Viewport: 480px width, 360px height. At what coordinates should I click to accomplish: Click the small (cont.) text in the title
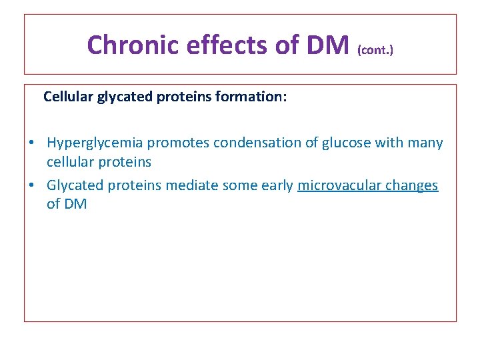(375, 49)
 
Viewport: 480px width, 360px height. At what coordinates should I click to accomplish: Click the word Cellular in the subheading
(68, 97)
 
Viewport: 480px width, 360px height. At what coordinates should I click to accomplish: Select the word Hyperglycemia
(95, 143)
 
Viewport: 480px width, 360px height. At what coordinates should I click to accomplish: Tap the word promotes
(175, 143)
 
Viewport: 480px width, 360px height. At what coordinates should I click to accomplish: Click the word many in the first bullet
(427, 143)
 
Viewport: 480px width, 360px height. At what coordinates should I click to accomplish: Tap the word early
(276, 185)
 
